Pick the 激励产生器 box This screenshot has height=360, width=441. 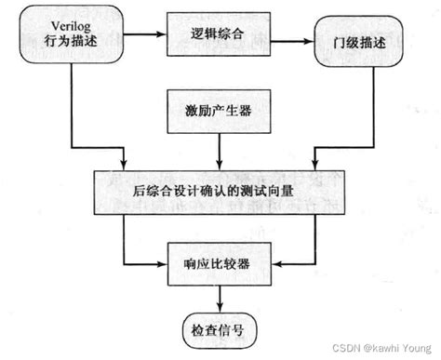click(x=219, y=110)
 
